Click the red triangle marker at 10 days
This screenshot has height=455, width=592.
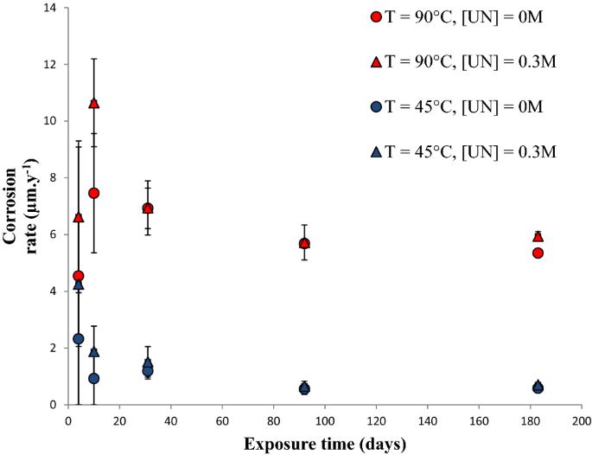click(x=94, y=103)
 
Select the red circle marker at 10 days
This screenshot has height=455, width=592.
click(x=94, y=193)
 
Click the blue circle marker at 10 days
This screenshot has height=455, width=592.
click(x=94, y=378)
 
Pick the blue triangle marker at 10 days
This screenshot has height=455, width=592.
click(x=94, y=352)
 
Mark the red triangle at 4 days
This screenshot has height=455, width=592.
click(x=79, y=217)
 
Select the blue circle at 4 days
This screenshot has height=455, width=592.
click(x=79, y=338)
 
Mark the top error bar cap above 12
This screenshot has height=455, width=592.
click(x=94, y=59)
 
